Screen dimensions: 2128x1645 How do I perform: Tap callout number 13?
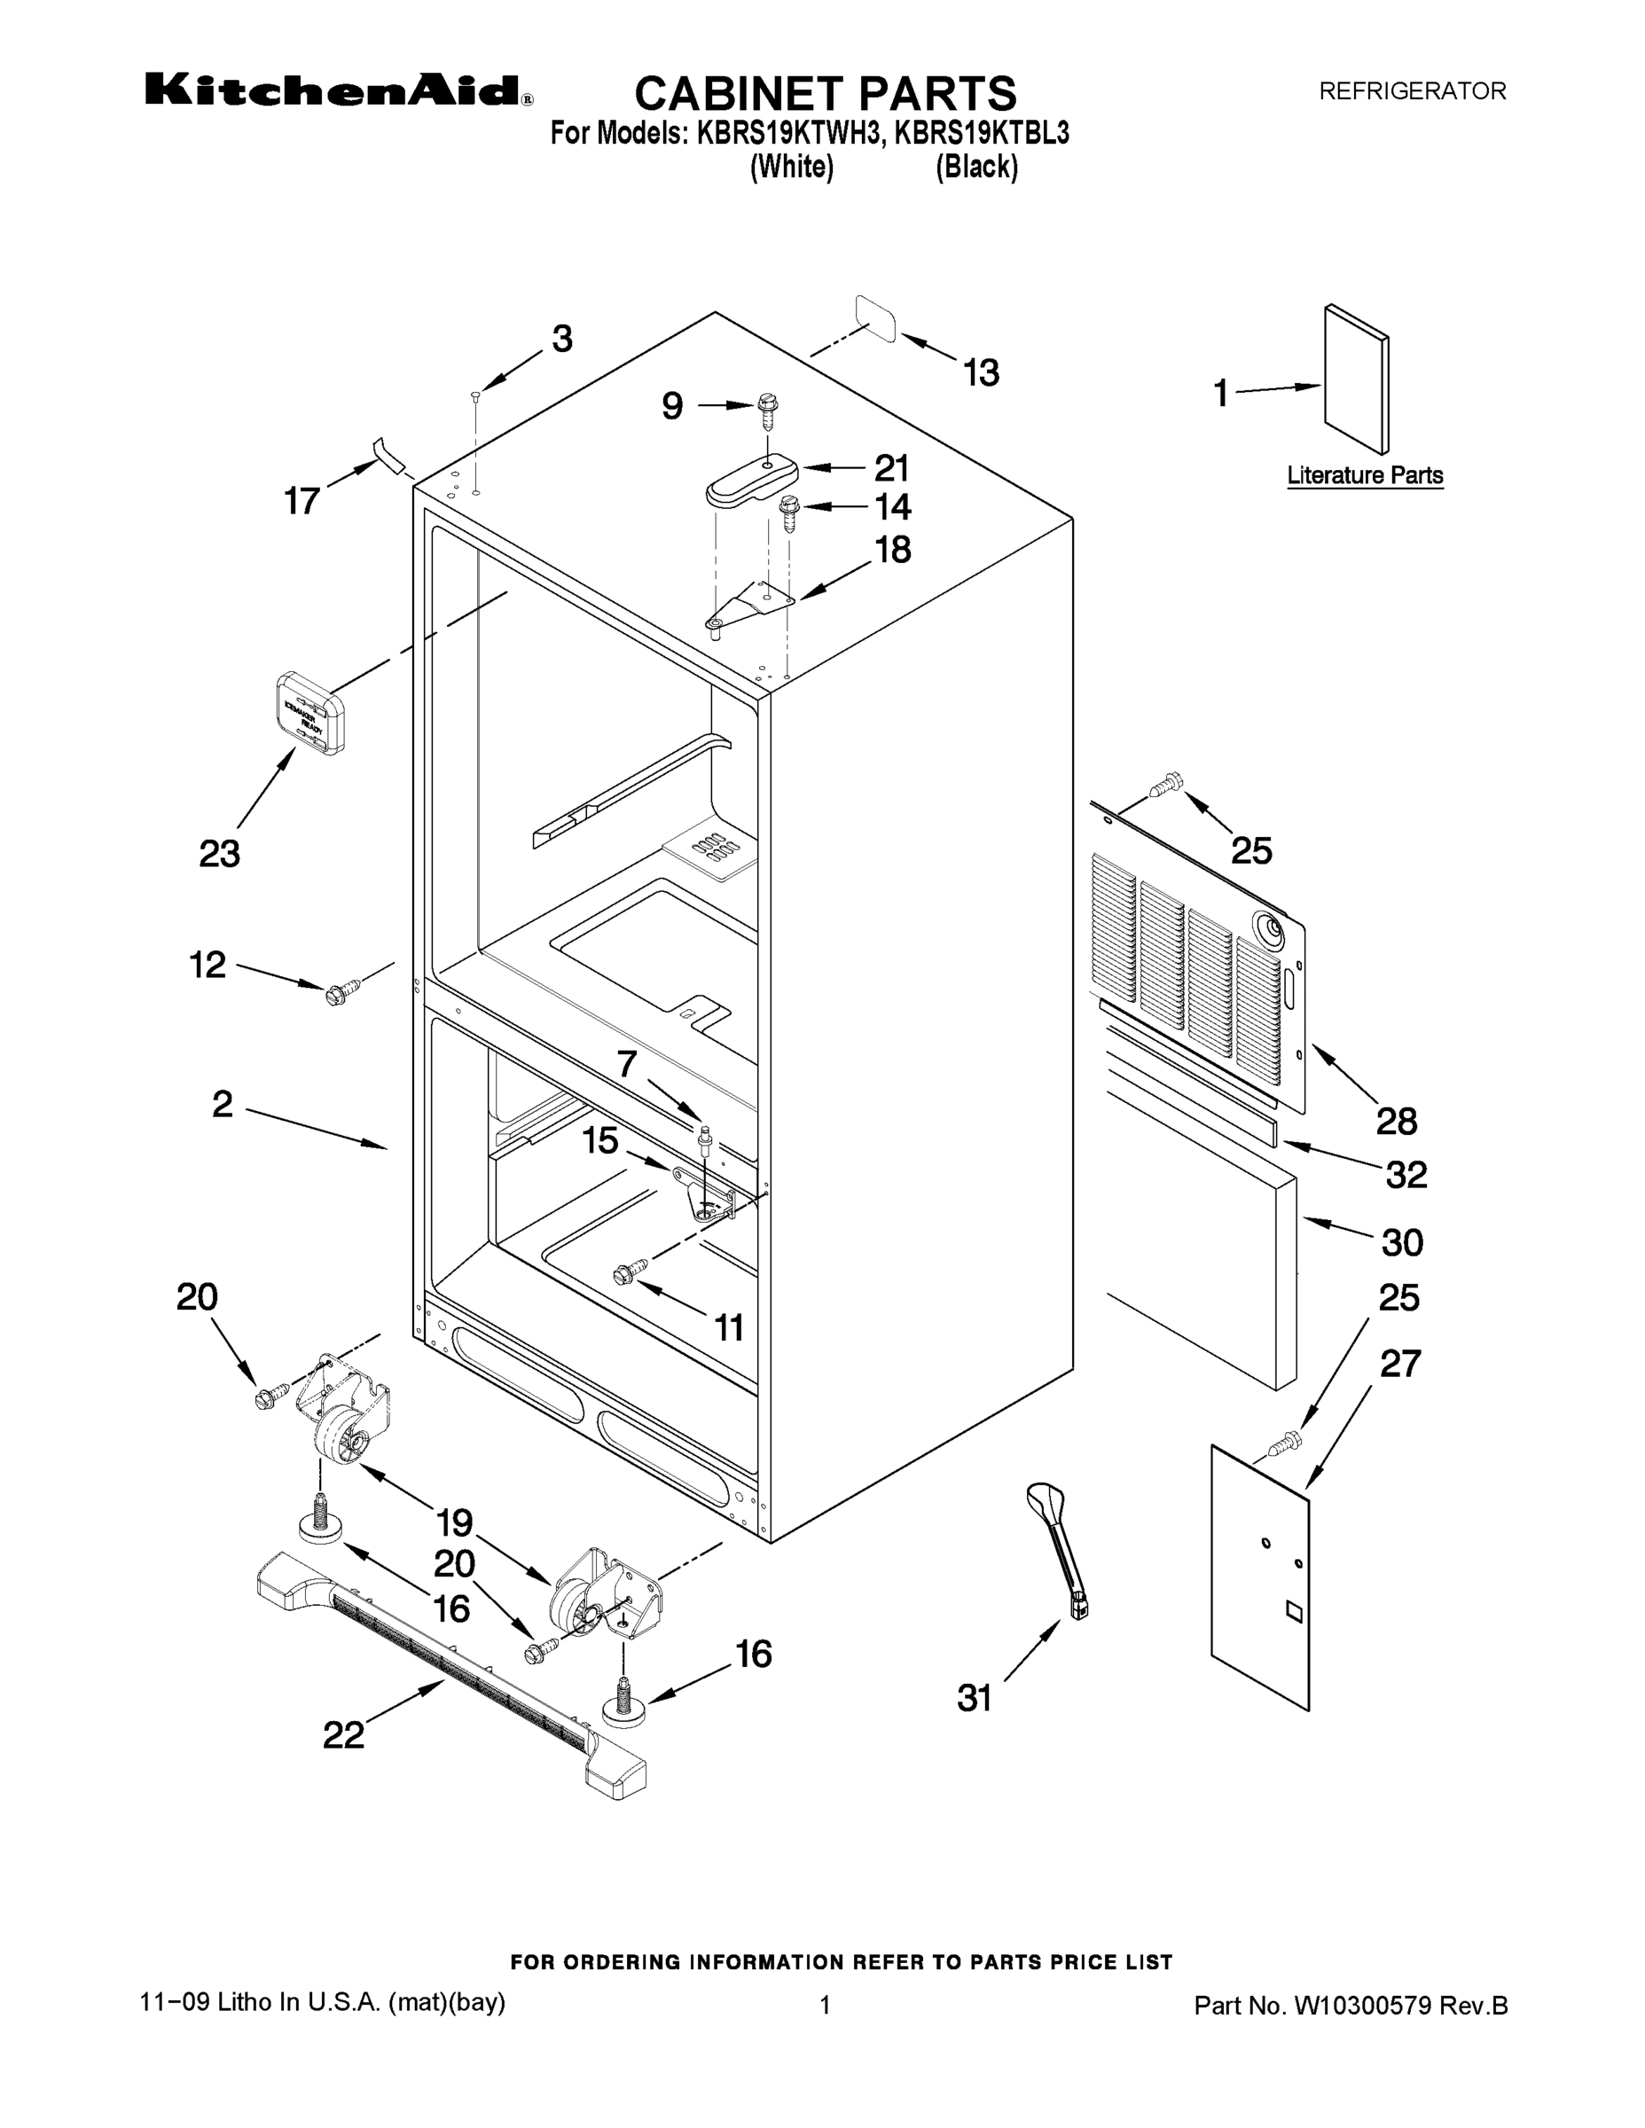point(982,372)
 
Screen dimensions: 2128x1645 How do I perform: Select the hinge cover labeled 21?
point(751,481)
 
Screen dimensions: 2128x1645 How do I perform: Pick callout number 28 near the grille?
point(1397,1121)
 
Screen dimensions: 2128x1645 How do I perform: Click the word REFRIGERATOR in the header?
point(1412,91)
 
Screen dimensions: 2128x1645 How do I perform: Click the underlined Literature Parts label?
point(1365,475)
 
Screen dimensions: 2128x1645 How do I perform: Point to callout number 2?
point(223,1104)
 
